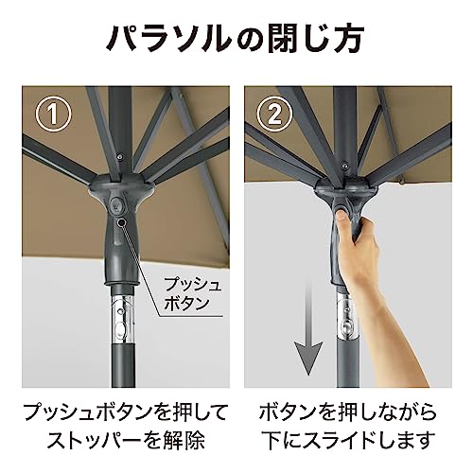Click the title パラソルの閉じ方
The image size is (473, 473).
pos(236,41)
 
